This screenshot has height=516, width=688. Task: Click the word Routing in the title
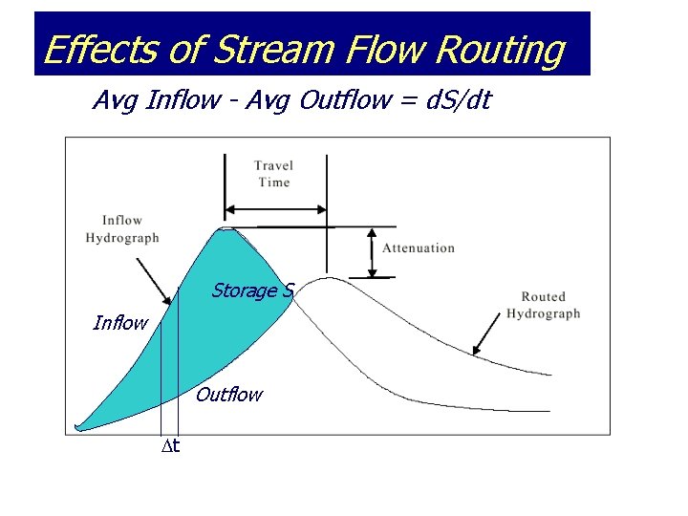point(499,50)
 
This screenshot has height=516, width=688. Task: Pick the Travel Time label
point(273,174)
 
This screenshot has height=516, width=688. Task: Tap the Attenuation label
point(419,248)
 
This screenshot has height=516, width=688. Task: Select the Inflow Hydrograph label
point(122,229)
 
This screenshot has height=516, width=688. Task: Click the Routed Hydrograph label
point(543,305)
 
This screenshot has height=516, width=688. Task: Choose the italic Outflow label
point(228,395)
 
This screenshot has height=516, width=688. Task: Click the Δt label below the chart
point(170,445)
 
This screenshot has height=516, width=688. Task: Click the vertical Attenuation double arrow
point(370,252)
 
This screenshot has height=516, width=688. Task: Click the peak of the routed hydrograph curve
point(327,278)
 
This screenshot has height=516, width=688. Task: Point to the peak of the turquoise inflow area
point(227,229)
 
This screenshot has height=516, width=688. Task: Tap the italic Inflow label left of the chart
point(120,323)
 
